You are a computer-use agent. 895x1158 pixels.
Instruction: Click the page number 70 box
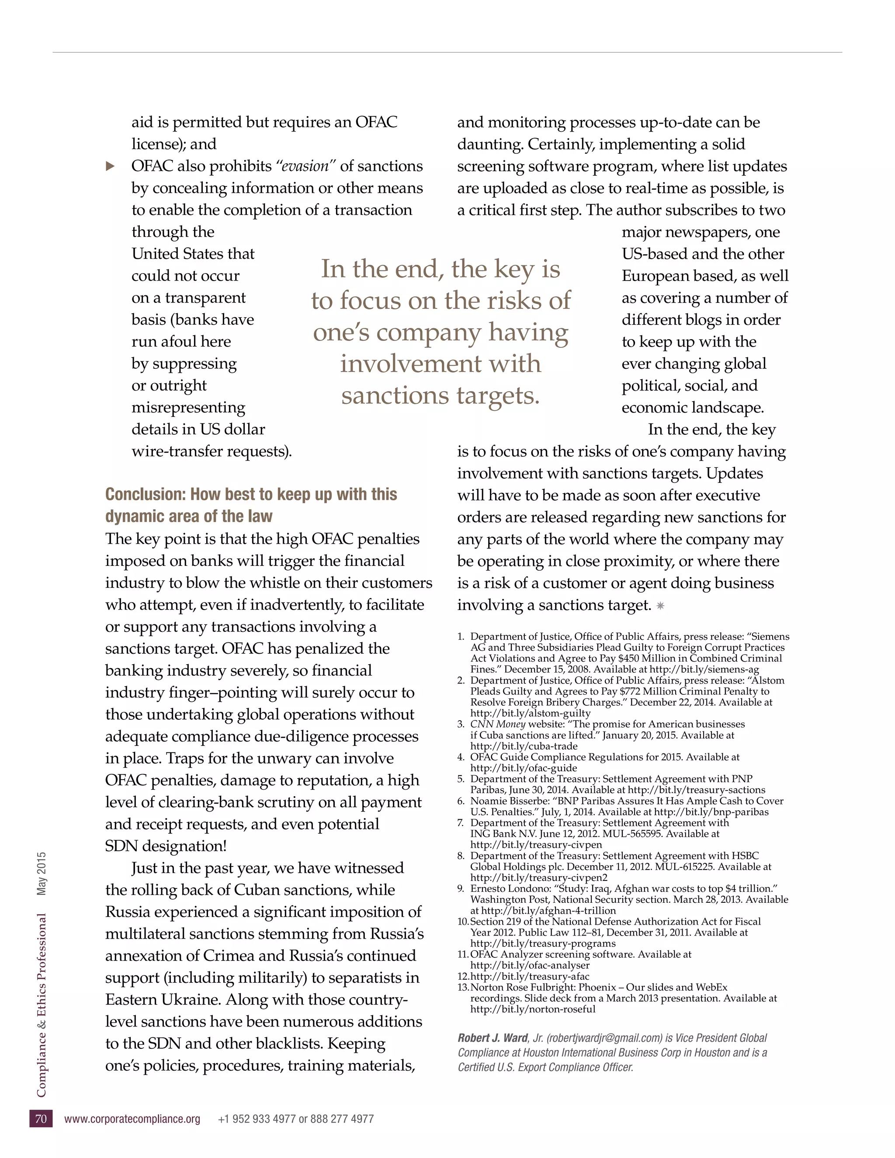41,1119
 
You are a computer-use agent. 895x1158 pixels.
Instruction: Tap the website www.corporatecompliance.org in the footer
132,1119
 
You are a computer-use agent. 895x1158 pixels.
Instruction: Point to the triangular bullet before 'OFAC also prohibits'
110,166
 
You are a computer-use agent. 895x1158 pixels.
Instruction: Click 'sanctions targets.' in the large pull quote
440,395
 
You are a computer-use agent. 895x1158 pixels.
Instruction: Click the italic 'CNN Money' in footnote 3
497,724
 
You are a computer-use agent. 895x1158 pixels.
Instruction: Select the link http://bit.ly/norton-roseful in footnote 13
533,1009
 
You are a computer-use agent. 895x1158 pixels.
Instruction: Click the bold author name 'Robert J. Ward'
493,1038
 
